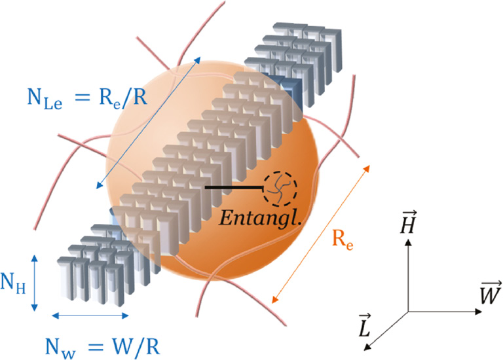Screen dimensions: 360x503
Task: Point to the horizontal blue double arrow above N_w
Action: point(90,316)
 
